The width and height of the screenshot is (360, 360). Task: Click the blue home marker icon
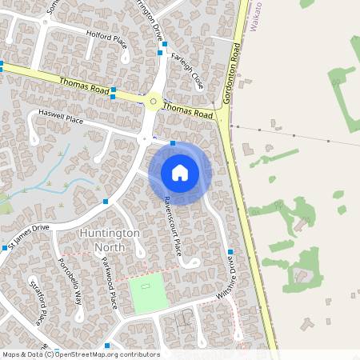coord(179,172)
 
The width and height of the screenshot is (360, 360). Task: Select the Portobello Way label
coord(70,282)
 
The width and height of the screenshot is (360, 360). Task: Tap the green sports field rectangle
coord(147,293)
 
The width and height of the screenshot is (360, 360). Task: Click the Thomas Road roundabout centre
coord(153,102)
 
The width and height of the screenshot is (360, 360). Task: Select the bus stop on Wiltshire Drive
coord(230,252)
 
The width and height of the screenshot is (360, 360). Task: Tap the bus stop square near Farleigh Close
coord(161,53)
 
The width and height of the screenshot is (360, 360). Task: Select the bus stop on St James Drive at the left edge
coord(5,248)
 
